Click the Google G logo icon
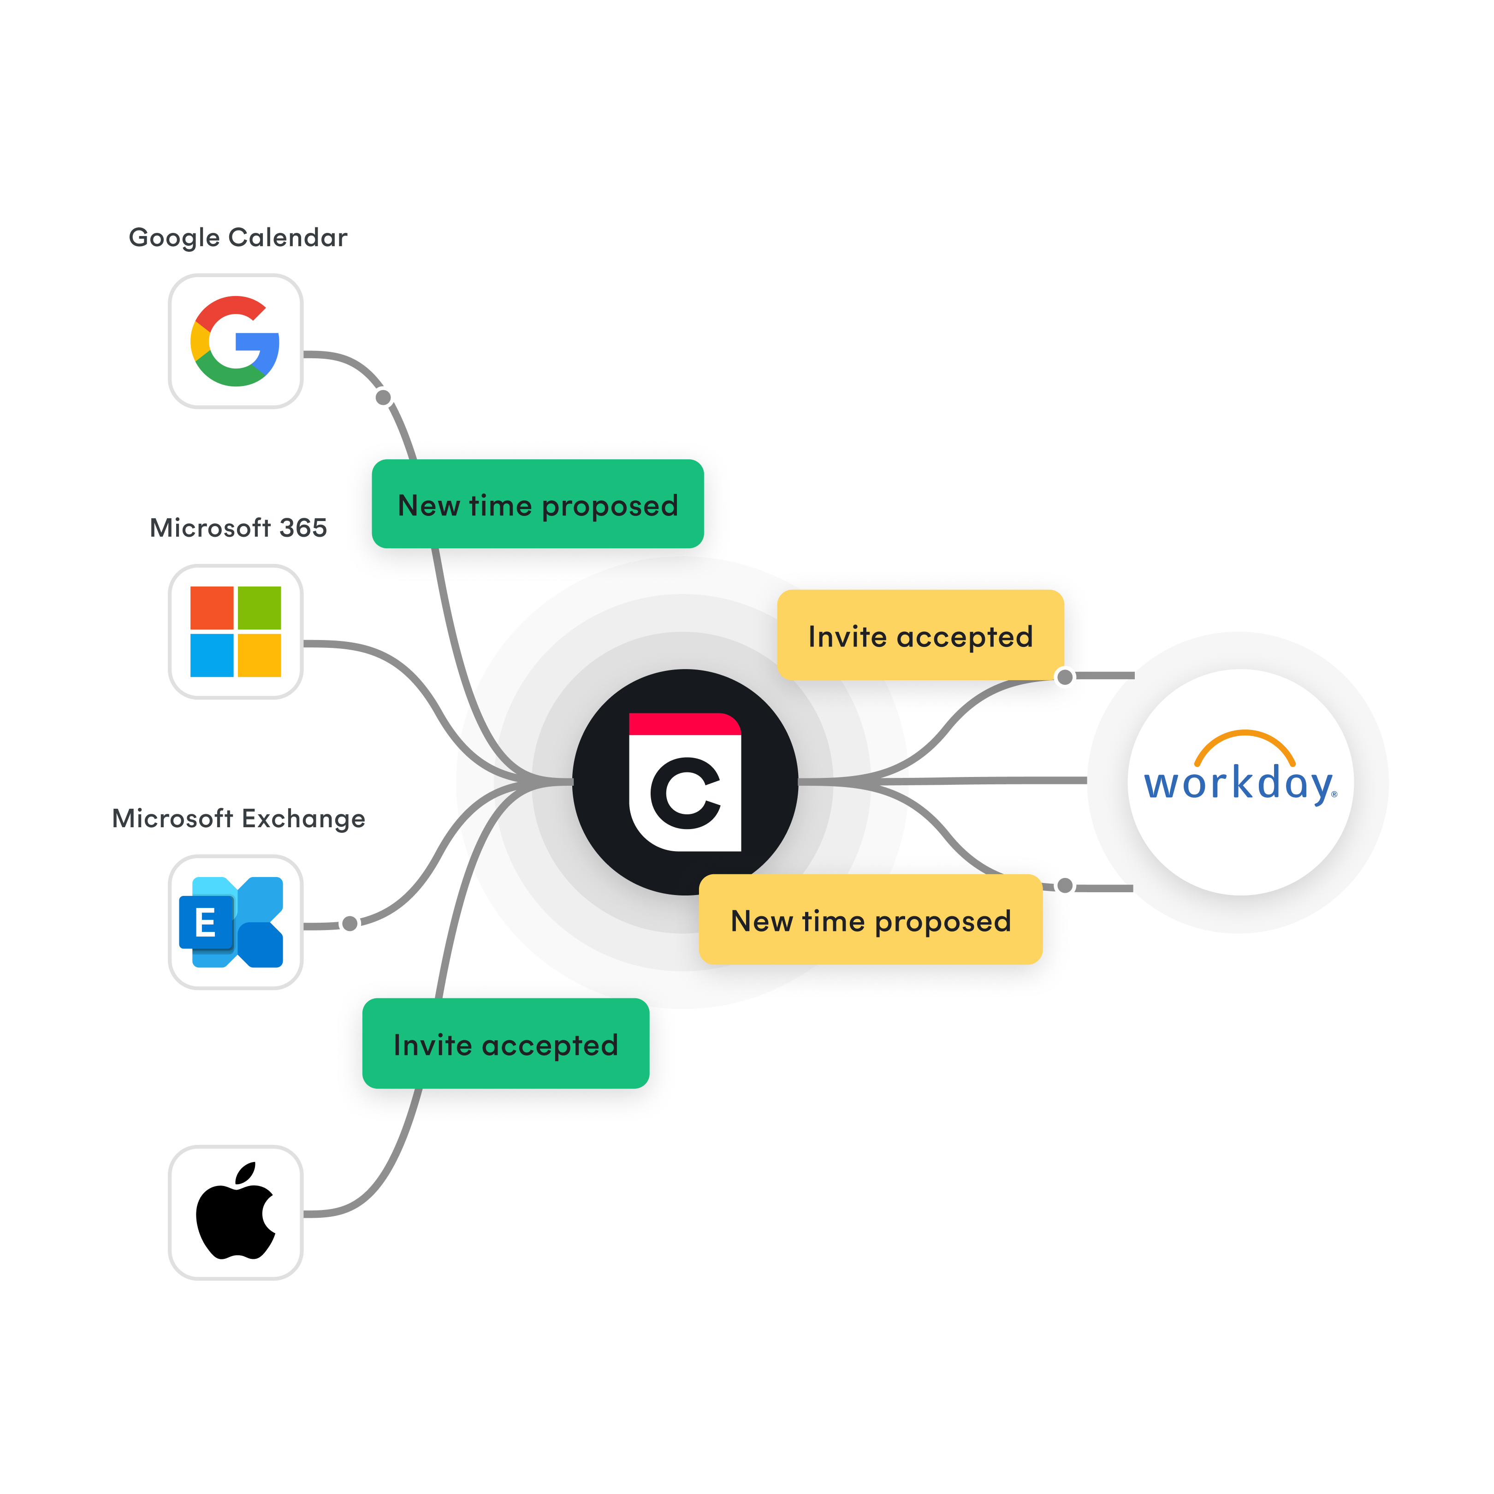coord(235,341)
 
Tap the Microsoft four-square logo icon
coord(235,631)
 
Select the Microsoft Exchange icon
coord(232,922)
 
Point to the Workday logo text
coord(1239,783)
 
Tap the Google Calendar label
coord(237,237)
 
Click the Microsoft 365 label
coord(238,528)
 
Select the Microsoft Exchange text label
coord(238,818)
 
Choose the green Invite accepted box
coord(506,1044)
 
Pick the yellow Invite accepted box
coord(920,636)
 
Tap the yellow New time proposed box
coord(871,920)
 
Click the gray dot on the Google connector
coord(383,397)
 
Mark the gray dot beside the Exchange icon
coord(350,923)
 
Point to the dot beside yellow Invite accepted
coord(1065,677)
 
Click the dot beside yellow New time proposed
coord(1065,885)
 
